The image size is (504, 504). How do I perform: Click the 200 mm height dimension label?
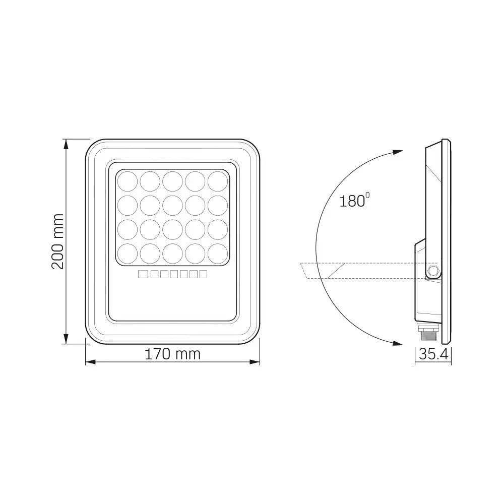coord(58,241)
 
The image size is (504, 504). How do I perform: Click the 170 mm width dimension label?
coord(172,354)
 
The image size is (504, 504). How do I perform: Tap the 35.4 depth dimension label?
coord(433,354)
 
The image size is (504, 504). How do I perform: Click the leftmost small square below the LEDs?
coord(142,274)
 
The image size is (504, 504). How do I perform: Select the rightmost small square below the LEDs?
coord(203,274)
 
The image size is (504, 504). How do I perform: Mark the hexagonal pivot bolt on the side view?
coord(432,272)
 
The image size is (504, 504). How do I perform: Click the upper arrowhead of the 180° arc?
coord(398,152)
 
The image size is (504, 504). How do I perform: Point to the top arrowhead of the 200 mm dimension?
coord(66,144)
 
